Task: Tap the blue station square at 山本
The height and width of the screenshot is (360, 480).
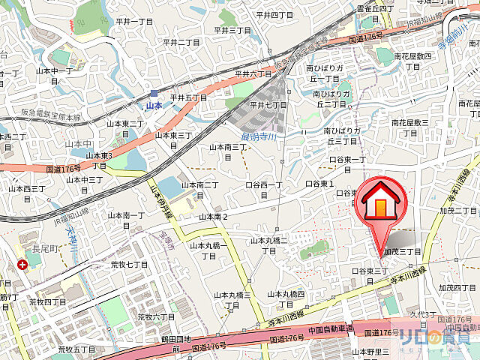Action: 154,93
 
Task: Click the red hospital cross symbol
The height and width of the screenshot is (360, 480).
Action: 23,265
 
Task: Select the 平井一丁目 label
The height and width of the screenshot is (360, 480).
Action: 134,22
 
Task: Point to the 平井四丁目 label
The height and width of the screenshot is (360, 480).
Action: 274,14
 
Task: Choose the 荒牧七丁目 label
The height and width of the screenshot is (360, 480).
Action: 129,265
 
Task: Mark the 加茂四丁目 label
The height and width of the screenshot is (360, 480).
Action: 459,288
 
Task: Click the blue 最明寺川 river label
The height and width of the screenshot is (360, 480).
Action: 258,136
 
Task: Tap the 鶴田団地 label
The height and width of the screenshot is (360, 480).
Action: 154,340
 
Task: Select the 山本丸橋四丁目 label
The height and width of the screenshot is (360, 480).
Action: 287,298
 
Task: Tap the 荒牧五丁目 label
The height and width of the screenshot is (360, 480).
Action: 74,349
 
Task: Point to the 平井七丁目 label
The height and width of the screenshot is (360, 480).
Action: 268,105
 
